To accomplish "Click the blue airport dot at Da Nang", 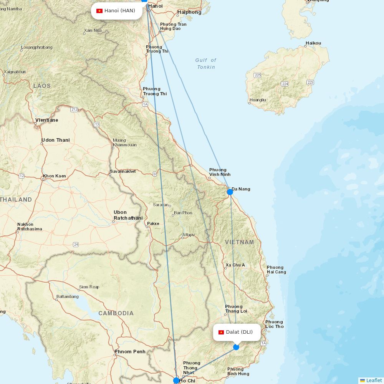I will tap(230, 192).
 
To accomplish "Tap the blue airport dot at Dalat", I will tap(236, 347).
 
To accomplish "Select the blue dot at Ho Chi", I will tap(176, 381).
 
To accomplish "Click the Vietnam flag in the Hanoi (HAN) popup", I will tap(99, 11).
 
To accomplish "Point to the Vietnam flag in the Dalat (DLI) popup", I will tap(221, 332).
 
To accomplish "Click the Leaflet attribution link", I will tap(374, 380).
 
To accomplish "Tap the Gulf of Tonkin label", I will tap(206, 64).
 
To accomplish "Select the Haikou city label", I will tap(313, 43).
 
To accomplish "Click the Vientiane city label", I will tap(47, 120).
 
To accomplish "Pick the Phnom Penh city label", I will tap(130, 351).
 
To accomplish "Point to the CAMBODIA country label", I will tap(116, 313).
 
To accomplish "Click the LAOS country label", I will tap(42, 86).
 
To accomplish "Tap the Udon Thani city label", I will tap(56, 140).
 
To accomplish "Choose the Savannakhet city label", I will tap(123, 171).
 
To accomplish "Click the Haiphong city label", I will tap(189, 12).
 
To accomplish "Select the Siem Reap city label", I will tap(89, 287).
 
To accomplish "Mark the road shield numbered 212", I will tap(74, 110).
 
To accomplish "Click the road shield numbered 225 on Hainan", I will tap(258, 75).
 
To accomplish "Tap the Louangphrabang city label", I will tap(37, 47).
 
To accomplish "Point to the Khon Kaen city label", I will tap(55, 176).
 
